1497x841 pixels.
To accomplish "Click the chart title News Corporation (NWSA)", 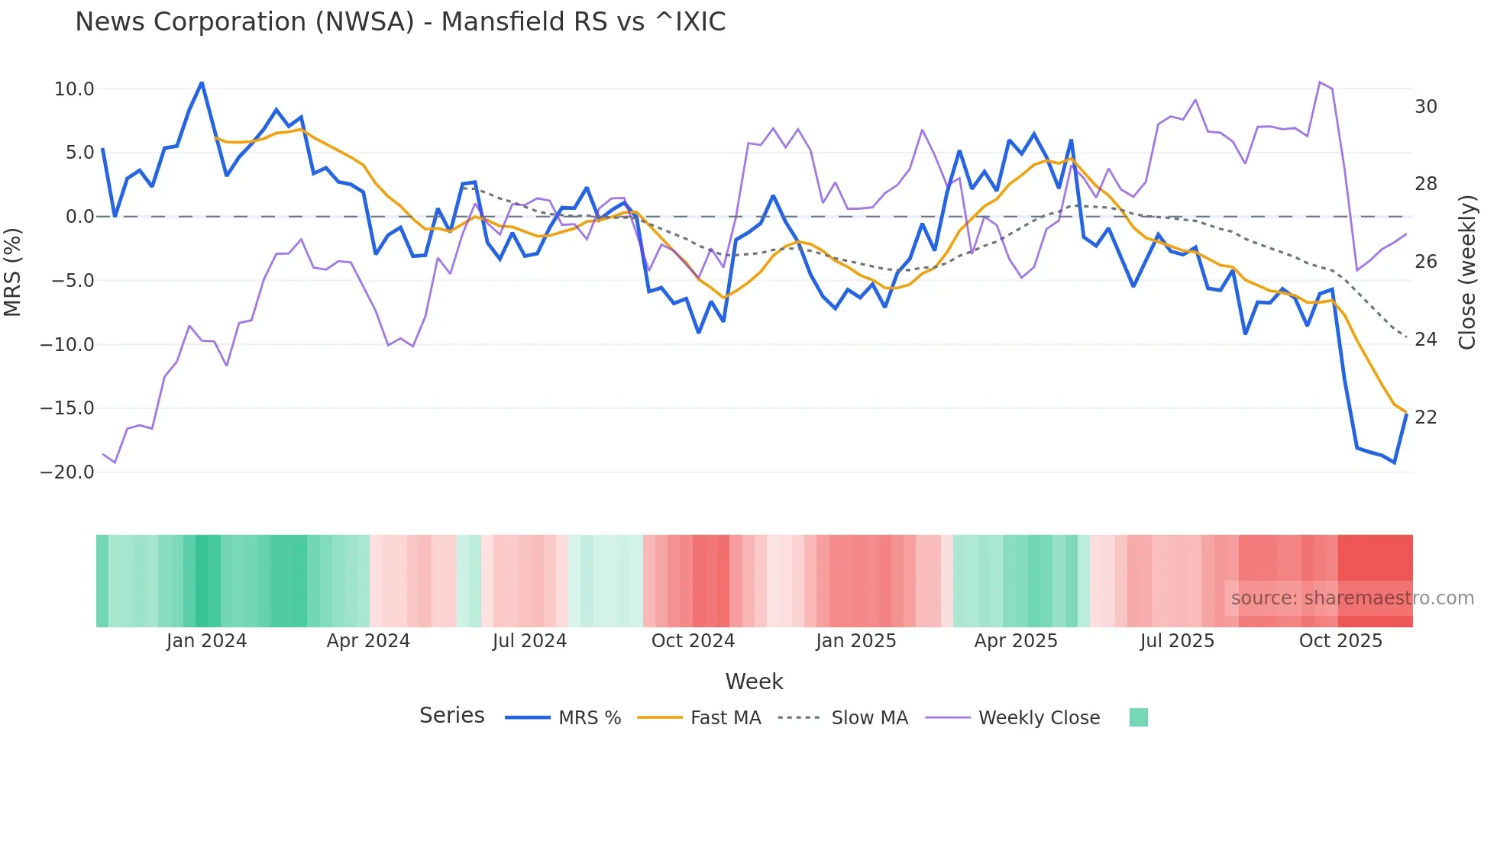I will [399, 22].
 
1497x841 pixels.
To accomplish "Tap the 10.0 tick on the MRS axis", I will [74, 89].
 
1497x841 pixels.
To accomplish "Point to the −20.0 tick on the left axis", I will [68, 472].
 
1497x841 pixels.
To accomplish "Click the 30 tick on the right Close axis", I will [1425, 107].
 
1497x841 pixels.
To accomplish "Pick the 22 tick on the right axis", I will [1425, 417].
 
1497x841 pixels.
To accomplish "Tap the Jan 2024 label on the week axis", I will [206, 641].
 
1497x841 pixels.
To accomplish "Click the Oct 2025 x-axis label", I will [1340, 641].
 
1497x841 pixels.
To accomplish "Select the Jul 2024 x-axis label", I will [529, 641].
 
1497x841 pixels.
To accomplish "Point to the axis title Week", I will [754, 681].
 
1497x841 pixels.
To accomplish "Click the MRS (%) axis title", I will [13, 272].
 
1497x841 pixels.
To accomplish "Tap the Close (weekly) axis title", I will [1467, 272].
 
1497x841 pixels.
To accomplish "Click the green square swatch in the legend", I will [1138, 717].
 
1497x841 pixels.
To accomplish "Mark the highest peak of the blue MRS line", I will [202, 82].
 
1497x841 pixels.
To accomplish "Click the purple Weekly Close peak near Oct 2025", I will [1320, 82].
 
